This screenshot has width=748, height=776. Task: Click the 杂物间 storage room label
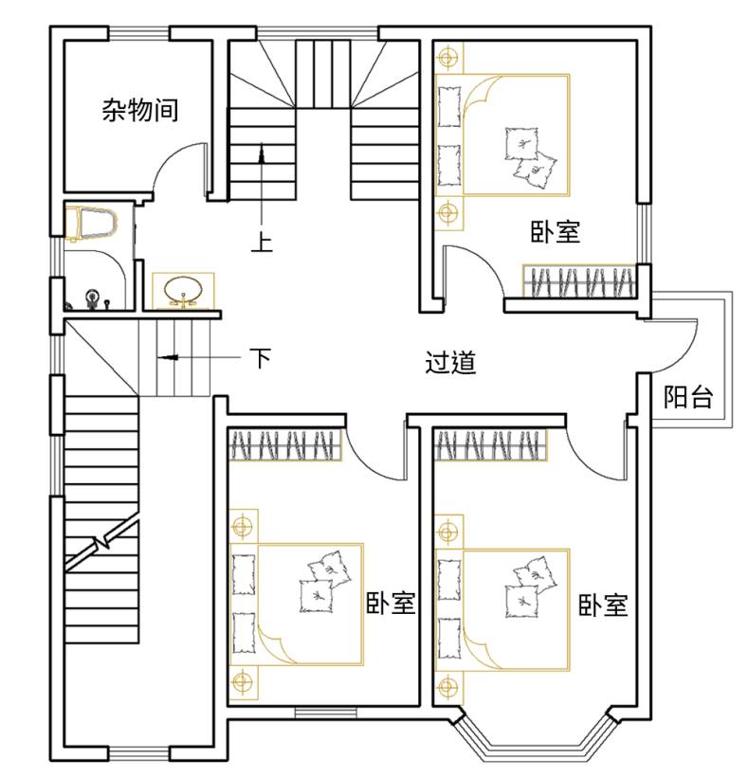pyautogui.click(x=140, y=110)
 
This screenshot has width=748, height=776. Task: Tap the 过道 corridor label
pyautogui.click(x=450, y=362)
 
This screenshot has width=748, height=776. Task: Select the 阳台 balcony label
pyautogui.click(x=688, y=396)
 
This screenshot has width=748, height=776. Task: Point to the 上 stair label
pyautogui.click(x=262, y=242)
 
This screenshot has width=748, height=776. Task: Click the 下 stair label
pyautogui.click(x=261, y=358)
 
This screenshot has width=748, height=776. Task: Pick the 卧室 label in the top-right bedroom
pyautogui.click(x=556, y=231)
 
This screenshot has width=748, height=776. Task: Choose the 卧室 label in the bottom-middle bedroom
pyautogui.click(x=391, y=603)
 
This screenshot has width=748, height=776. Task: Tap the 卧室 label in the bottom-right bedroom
pyautogui.click(x=604, y=605)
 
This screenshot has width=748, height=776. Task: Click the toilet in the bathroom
pyautogui.click(x=91, y=222)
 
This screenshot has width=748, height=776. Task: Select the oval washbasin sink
pyautogui.click(x=183, y=290)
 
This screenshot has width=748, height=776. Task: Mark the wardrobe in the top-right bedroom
pyautogui.click(x=579, y=281)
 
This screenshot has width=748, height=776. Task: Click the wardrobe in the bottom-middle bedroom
pyautogui.click(x=285, y=444)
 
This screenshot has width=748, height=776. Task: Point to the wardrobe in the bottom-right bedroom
pyautogui.click(x=490, y=444)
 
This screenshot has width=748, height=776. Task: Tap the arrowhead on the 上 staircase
pyautogui.click(x=262, y=153)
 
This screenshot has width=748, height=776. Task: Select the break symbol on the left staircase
pyautogui.click(x=102, y=543)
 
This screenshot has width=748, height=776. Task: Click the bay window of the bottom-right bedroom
pyautogui.click(x=535, y=744)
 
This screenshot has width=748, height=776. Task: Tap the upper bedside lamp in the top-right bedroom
pyautogui.click(x=447, y=58)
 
